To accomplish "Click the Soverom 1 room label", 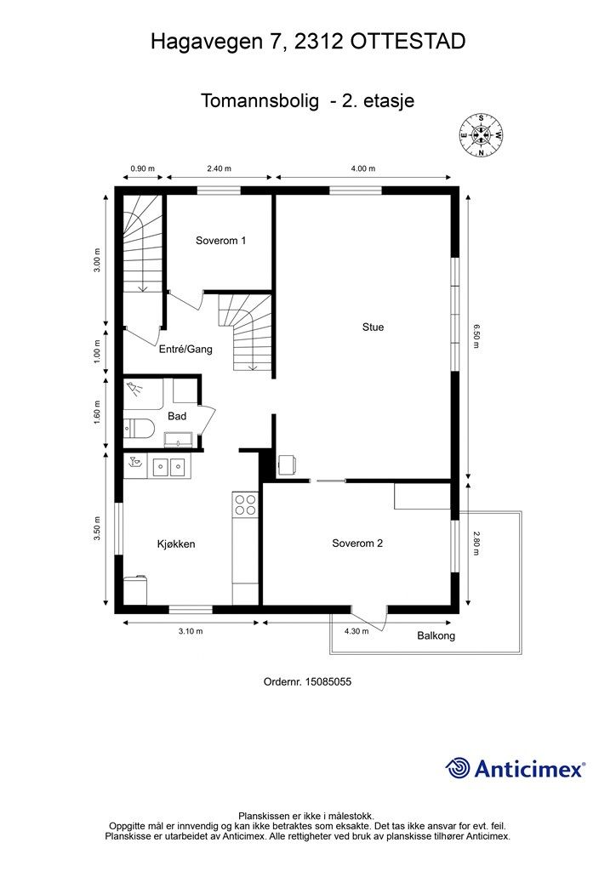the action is [x=220, y=241].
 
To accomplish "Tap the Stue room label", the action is [x=373, y=327].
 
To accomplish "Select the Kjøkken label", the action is [x=176, y=544].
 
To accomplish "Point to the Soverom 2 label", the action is [x=357, y=544].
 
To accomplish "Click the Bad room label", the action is [x=177, y=416].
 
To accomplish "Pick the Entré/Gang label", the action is [x=185, y=350].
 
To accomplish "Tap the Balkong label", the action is [x=436, y=635].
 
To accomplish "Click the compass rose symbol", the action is [x=481, y=135].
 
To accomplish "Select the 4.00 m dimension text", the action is [x=364, y=168].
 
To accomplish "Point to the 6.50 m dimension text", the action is [x=476, y=337].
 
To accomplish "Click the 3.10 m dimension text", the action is [x=191, y=631].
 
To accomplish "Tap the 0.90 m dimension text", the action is [x=142, y=168].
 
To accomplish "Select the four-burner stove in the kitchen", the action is [x=245, y=504].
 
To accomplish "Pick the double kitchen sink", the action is [x=168, y=467].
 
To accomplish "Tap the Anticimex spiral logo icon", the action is [x=458, y=768].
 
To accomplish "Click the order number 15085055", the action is [x=328, y=681].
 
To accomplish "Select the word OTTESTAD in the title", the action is [x=408, y=42].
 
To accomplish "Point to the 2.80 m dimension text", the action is [x=476, y=544].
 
